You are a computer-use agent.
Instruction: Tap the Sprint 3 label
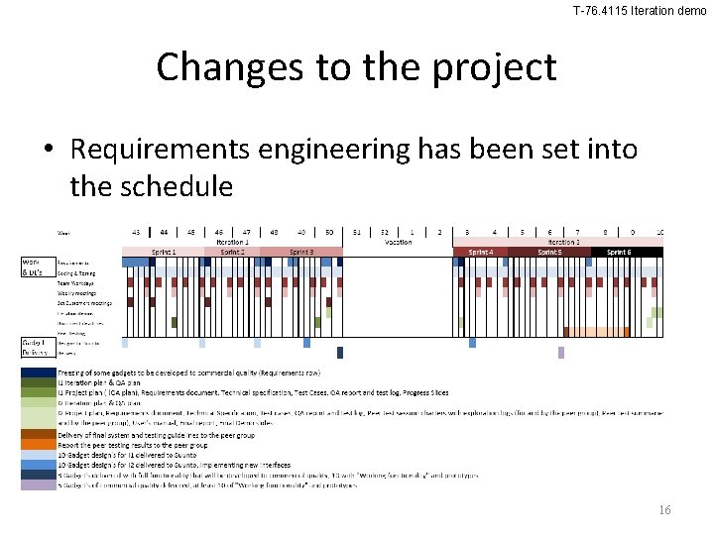[301, 252]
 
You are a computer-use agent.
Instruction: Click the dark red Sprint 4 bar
[480, 252]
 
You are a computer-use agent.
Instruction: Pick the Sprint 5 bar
[549, 252]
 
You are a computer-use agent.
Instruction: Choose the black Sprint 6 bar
[620, 252]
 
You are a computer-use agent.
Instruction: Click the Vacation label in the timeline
[398, 241]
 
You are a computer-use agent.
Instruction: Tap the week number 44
[164, 231]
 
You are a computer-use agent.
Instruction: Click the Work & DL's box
[36, 267]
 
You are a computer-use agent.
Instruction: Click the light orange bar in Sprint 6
[596, 332]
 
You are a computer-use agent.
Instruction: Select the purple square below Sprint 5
[561, 352]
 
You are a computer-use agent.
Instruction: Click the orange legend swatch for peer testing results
[38, 444]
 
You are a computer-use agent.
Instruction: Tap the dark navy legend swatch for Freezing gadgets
[38, 373]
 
